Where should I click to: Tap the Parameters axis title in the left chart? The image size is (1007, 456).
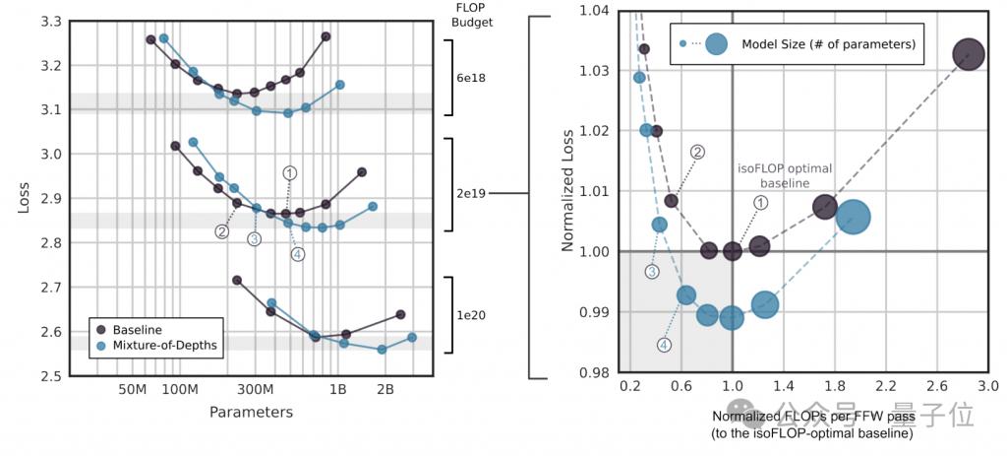pos(251,412)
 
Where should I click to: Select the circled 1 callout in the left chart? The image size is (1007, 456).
pos(289,172)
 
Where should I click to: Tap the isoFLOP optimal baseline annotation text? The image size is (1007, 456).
pos(785,175)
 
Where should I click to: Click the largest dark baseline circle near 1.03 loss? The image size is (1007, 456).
pos(969,55)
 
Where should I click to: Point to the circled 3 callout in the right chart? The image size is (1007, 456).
pos(651,272)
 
